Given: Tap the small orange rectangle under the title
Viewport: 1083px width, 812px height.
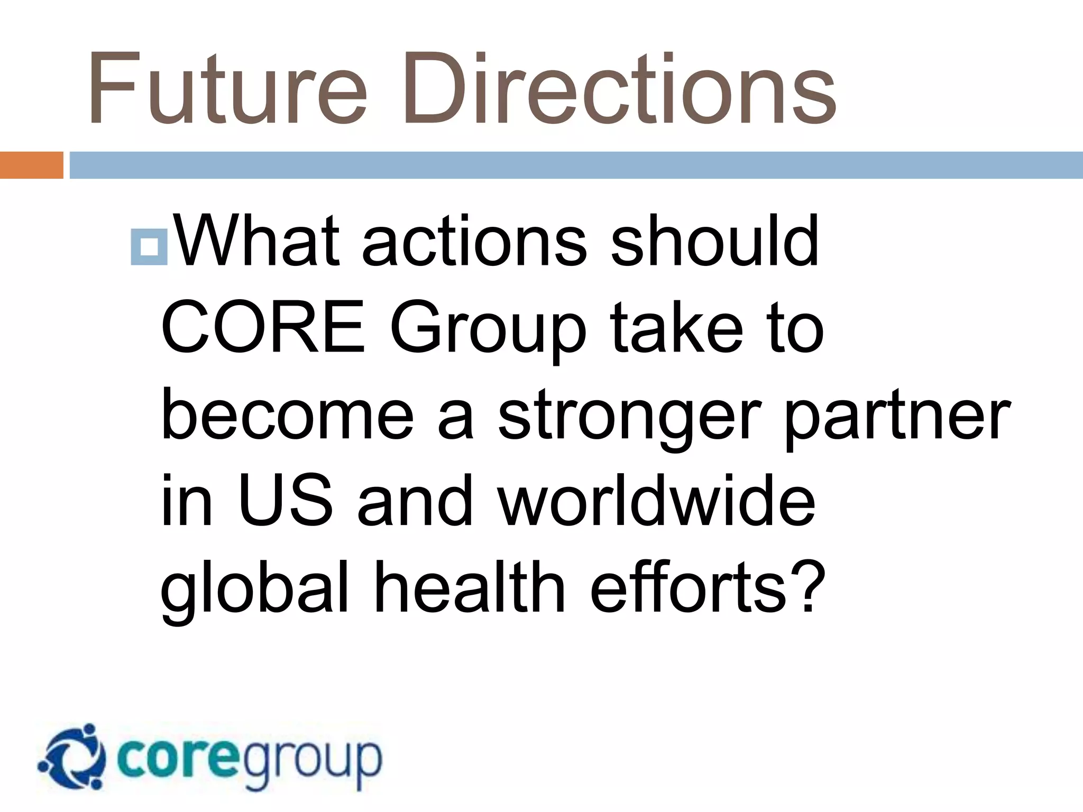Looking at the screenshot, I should click(31, 165).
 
